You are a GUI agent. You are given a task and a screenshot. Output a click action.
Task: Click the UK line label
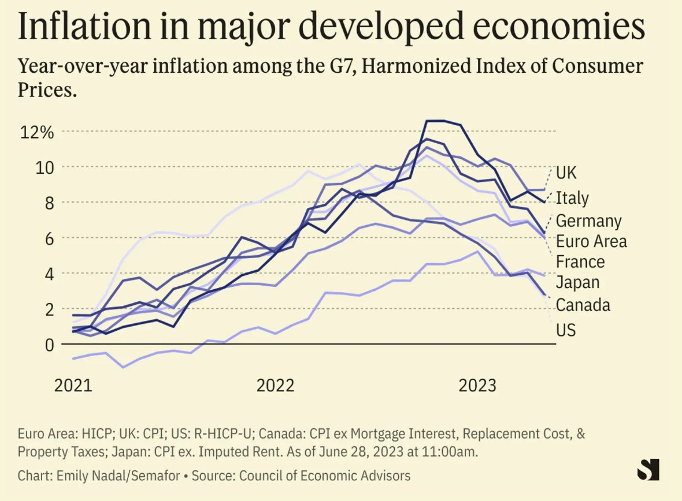(x=566, y=172)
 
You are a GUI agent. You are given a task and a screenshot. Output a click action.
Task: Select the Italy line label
(x=572, y=198)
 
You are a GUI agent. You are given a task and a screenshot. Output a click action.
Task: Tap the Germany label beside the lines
(x=588, y=220)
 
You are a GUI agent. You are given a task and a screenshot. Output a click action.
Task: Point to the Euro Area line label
(x=591, y=241)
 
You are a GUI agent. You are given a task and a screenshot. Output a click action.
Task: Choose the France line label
(x=580, y=261)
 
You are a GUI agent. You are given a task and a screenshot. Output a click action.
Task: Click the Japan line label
(x=577, y=282)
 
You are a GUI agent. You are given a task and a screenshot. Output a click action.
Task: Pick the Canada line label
(x=583, y=304)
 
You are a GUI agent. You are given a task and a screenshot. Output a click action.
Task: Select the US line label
(x=565, y=330)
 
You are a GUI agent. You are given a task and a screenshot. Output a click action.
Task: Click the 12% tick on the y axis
(x=37, y=132)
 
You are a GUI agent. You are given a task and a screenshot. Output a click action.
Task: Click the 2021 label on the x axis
(x=73, y=386)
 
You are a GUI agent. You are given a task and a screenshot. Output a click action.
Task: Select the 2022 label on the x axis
(x=275, y=386)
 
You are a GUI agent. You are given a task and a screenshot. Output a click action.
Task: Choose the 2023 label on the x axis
(x=477, y=386)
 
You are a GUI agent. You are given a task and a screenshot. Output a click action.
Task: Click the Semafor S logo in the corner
(x=648, y=470)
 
